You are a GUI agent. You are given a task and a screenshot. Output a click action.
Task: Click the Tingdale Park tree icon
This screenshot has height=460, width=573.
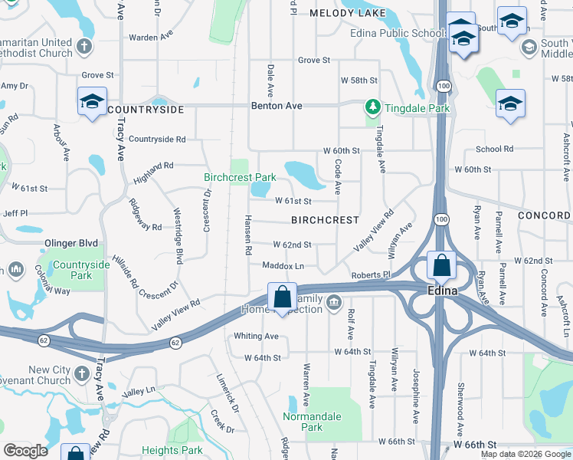click(x=372, y=107)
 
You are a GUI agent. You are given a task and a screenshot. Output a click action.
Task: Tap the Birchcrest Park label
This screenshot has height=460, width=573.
click(x=240, y=177)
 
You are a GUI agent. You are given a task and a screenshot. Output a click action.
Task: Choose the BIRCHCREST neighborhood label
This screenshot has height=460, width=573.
click(x=325, y=220)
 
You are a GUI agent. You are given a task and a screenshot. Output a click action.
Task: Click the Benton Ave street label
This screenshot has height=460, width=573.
click(x=277, y=106)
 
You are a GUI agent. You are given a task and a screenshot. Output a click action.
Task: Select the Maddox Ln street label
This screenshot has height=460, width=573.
click(x=283, y=266)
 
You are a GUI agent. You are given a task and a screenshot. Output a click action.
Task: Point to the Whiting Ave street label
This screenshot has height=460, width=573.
click(x=256, y=336)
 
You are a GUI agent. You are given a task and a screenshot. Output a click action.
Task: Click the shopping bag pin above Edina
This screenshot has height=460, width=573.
click(x=441, y=266)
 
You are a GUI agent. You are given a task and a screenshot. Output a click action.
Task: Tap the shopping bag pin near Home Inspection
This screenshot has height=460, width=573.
click(x=282, y=296)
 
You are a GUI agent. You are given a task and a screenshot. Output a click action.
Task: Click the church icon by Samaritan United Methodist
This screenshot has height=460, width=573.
click(x=84, y=47)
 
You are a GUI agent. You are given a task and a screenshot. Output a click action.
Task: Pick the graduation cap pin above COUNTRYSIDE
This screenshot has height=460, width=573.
click(x=92, y=101)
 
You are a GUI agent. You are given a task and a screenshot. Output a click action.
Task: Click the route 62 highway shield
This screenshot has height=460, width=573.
click(x=176, y=342)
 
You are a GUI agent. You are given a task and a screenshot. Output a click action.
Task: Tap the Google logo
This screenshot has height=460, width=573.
click(x=26, y=450)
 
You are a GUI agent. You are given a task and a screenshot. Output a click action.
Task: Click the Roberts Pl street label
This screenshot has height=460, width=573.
click(x=371, y=274)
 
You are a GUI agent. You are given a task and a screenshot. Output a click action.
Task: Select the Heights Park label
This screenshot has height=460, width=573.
click(x=174, y=450)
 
